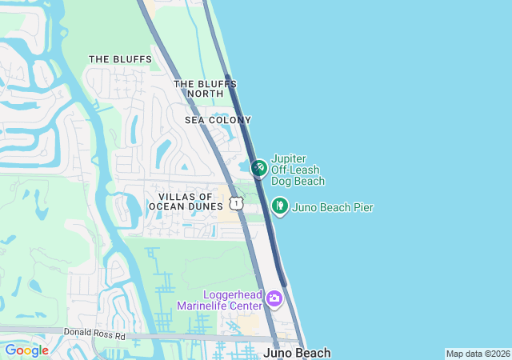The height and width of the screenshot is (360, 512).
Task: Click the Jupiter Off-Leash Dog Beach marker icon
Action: (x=259, y=168)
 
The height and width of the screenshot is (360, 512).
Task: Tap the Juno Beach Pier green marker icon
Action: (x=279, y=206)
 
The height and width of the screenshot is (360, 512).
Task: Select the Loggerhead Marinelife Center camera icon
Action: (x=274, y=299)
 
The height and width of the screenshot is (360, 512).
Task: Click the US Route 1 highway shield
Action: (x=235, y=203)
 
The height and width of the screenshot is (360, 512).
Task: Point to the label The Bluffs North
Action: (x=204, y=89)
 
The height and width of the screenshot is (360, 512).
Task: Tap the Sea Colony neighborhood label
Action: (x=218, y=120)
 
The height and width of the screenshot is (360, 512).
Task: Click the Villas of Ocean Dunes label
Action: (x=186, y=202)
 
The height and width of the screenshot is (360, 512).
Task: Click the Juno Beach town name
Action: (x=296, y=353)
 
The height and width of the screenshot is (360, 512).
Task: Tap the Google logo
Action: (x=26, y=350)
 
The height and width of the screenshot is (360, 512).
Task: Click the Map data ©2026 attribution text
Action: (x=477, y=354)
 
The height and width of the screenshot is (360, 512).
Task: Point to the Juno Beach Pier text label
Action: (x=333, y=208)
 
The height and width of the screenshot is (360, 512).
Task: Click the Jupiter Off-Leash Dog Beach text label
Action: (x=298, y=170)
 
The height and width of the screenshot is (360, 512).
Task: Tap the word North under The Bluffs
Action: (x=205, y=94)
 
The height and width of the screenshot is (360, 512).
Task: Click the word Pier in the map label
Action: (x=362, y=208)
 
